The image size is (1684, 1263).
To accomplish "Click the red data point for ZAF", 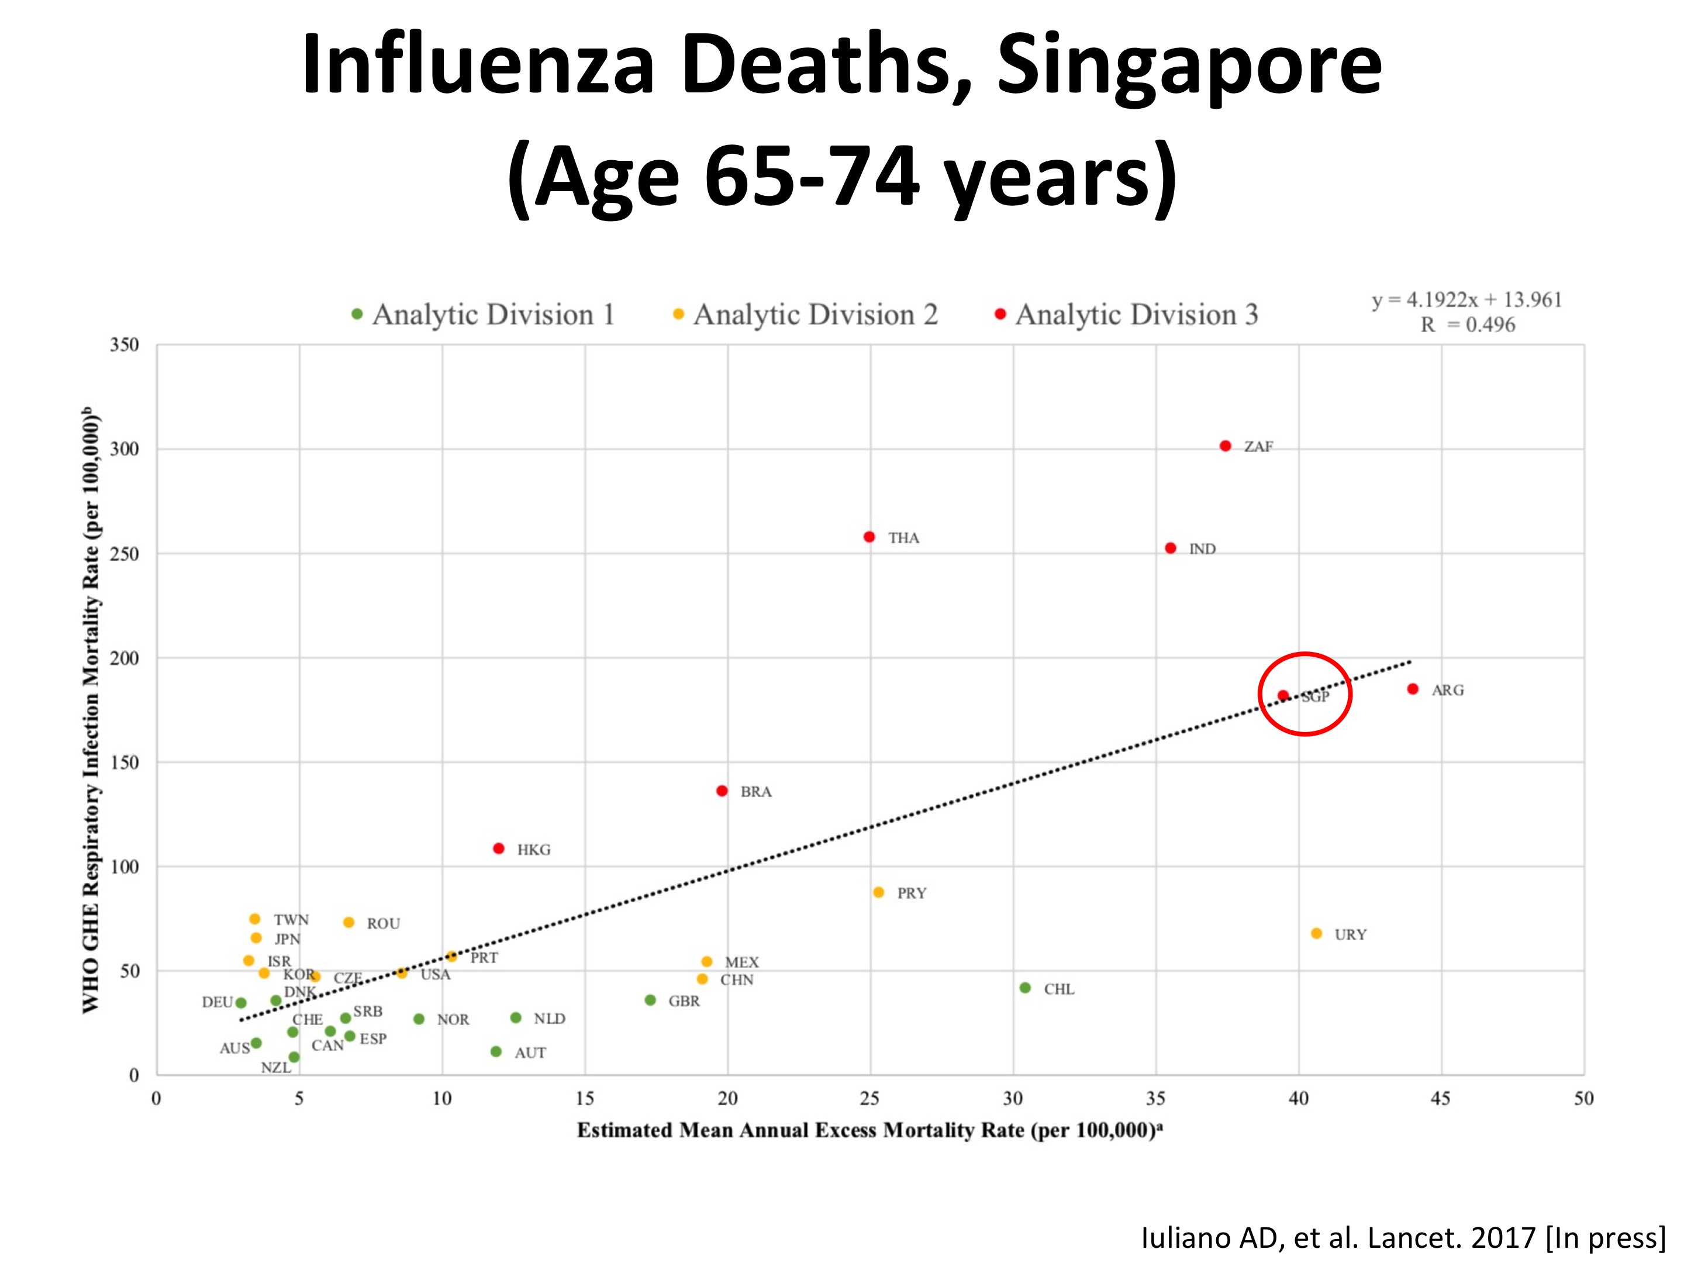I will [1225, 446].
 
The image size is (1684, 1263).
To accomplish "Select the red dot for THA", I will [869, 537].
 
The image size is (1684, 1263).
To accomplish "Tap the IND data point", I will [1171, 548].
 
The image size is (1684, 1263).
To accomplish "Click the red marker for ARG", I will [1413, 689].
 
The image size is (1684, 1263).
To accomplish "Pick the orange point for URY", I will [1316, 933].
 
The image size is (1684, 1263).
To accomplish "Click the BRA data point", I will [722, 791].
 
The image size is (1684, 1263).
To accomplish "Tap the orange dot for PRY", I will [878, 892].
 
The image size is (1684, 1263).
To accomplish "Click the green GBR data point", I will [650, 1000].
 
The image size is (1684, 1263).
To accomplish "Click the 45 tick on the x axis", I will [1440, 1099].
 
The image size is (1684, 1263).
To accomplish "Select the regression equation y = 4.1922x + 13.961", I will [1466, 300].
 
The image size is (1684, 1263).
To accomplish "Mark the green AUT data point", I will [496, 1052].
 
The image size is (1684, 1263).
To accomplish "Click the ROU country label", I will [383, 923].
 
